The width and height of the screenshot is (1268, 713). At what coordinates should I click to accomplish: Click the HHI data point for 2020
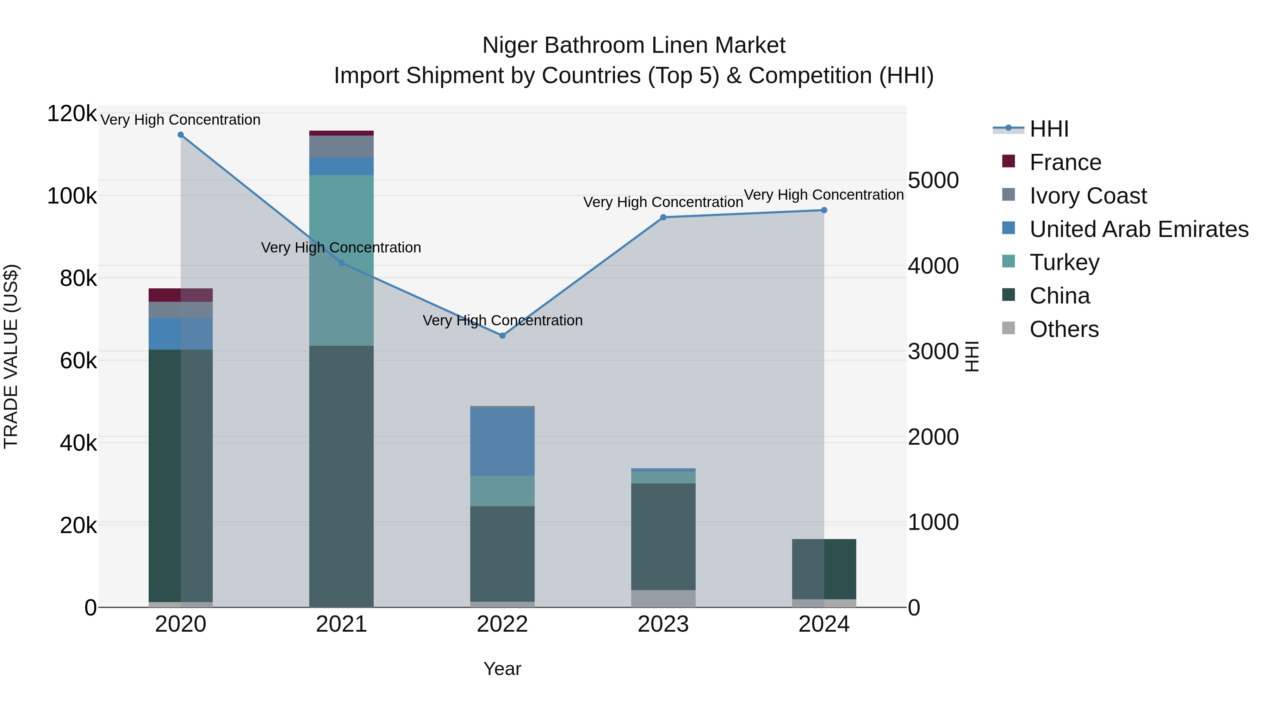click(181, 135)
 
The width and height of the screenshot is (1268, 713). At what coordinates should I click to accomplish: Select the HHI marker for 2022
click(503, 336)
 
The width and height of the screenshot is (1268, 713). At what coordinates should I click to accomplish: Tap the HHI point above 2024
click(824, 210)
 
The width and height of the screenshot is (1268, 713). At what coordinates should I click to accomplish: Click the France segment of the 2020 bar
click(181, 295)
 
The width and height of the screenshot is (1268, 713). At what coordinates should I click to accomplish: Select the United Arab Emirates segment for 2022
click(503, 442)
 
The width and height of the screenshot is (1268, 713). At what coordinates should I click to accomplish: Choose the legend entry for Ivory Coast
click(1088, 196)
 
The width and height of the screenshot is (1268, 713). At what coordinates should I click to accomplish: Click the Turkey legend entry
click(1064, 262)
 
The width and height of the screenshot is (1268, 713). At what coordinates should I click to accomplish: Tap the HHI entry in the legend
click(1049, 129)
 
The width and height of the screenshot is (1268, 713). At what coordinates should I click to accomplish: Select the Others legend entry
click(1064, 329)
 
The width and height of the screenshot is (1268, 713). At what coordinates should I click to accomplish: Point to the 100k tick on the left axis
click(72, 196)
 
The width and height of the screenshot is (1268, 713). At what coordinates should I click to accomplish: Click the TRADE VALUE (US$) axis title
click(11, 356)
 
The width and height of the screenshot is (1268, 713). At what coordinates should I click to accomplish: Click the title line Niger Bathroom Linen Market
click(634, 45)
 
